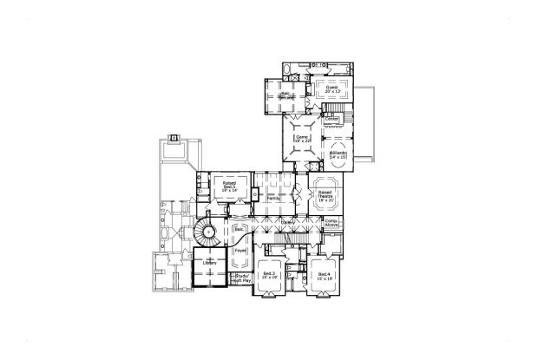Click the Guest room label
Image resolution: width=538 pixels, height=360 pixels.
point(331,88)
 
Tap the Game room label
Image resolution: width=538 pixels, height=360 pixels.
point(302,136)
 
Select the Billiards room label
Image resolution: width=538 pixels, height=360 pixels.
point(338,153)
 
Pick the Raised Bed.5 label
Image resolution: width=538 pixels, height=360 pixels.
point(230,185)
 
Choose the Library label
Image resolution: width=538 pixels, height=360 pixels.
point(208,261)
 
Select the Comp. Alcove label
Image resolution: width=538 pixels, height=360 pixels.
point(331,223)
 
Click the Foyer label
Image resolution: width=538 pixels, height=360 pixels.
point(240,250)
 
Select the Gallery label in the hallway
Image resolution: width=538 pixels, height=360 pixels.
point(287,222)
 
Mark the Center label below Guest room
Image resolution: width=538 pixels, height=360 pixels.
point(331,118)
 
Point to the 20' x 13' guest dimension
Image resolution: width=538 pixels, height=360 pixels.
point(331,92)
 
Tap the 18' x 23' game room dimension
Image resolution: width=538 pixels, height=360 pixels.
point(302,141)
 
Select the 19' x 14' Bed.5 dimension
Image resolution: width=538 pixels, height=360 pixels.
point(230,189)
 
